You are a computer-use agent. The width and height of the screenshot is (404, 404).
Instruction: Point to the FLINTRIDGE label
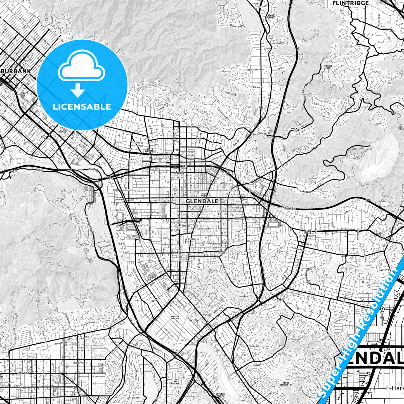(350, 3)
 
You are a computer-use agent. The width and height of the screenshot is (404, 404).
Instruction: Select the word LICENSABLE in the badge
(82, 107)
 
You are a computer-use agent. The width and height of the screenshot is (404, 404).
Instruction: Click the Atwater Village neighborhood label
(175, 317)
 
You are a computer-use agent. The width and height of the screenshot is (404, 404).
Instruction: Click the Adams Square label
(223, 252)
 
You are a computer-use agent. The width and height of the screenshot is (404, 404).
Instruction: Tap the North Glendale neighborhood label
(150, 150)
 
